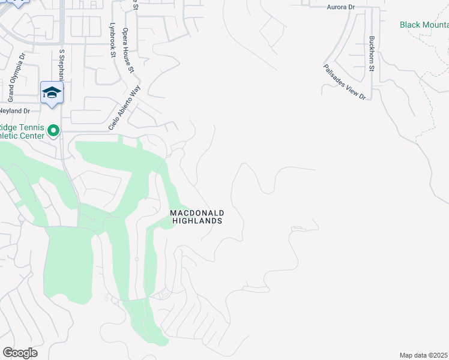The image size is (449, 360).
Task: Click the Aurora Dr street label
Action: tap(341, 7)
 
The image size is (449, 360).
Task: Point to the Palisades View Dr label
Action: tap(344, 82)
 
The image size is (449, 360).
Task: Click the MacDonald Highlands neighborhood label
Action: tap(197, 217)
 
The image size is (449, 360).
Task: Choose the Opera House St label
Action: tap(128, 50)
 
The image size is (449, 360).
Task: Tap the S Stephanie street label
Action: tap(61, 65)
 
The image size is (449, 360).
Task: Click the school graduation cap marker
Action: tap(52, 92)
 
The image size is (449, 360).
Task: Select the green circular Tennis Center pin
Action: tap(53, 130)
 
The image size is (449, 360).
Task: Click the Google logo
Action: tap(20, 353)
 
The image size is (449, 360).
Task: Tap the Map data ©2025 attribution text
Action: tap(424, 355)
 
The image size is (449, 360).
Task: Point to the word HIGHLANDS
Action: tap(197, 221)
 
